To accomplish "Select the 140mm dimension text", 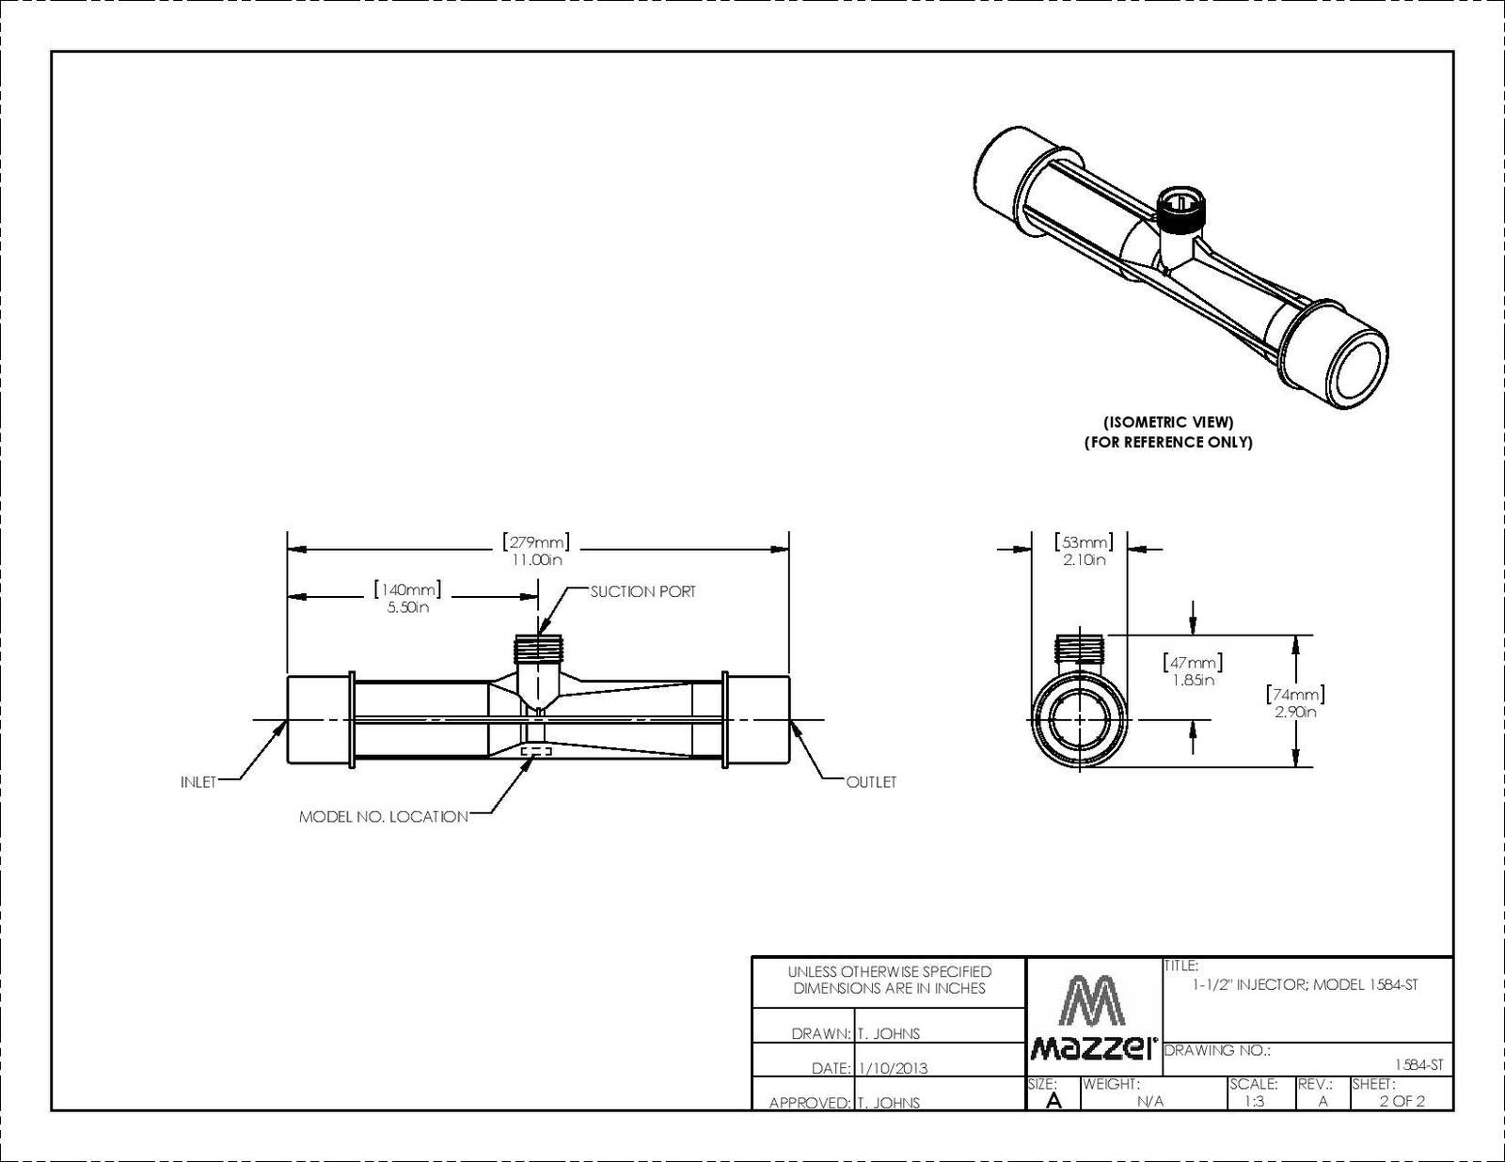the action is (407, 597).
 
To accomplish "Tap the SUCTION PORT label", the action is (642, 591).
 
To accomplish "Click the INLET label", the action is (198, 782).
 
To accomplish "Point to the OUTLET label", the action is (871, 782).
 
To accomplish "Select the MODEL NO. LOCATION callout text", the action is (384, 817).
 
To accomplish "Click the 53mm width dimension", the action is (1084, 550).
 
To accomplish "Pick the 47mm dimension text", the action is (1193, 670).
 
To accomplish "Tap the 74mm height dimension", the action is (1295, 701).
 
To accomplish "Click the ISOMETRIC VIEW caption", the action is (1168, 421).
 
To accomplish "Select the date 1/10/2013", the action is (893, 1068).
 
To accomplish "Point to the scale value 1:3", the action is (1255, 1101).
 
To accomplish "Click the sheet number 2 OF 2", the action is (1402, 1101).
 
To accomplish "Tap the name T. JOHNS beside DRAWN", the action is (889, 1034).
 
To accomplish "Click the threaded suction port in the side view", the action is (540, 647).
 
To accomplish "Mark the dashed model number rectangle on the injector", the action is (537, 751).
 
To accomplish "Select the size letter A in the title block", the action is (1053, 1101).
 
